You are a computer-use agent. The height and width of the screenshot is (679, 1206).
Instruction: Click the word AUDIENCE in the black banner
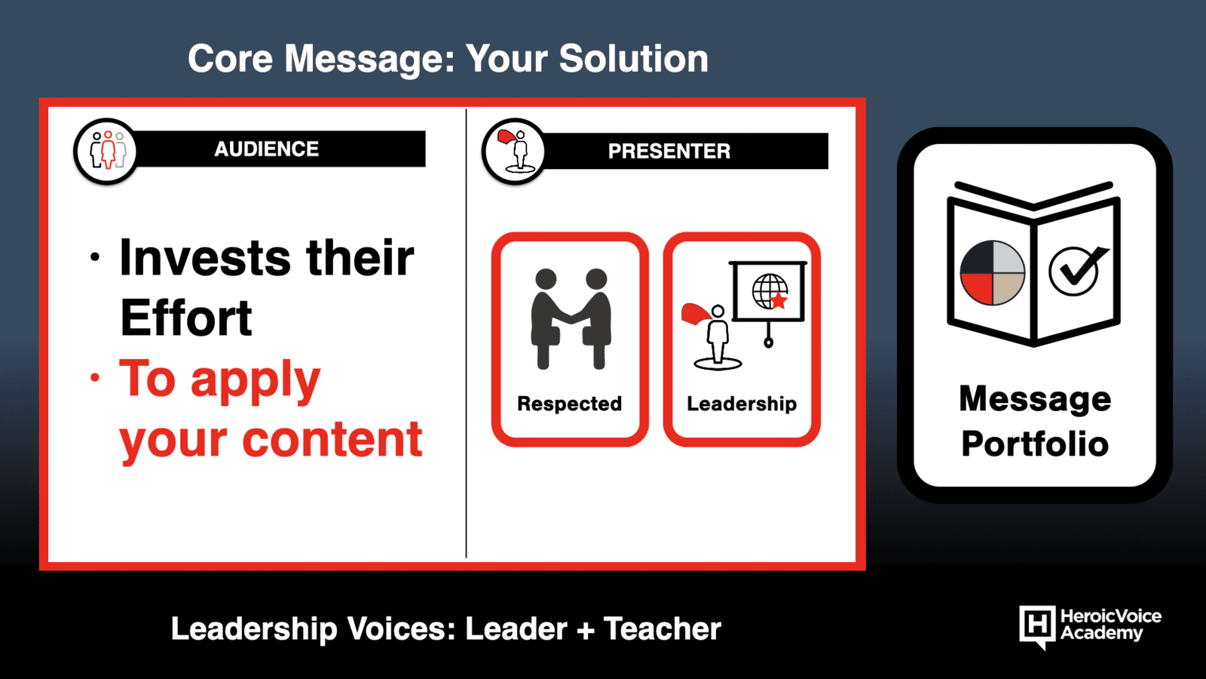point(267,149)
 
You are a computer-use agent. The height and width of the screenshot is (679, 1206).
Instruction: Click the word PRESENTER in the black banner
point(669,152)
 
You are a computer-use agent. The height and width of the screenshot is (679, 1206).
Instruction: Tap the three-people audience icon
point(108,150)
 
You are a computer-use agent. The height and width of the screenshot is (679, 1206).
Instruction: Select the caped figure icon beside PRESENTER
point(516,151)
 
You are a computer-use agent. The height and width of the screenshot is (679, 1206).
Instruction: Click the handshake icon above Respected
point(571,318)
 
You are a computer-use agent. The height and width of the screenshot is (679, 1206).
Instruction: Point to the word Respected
point(570,404)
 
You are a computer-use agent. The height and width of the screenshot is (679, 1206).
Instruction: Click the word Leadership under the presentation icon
point(742,404)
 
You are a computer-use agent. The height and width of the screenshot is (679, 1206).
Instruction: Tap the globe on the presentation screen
point(770,291)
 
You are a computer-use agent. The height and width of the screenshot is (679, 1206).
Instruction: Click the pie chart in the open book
point(992,273)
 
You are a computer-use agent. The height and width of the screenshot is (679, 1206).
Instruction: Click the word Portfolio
point(1035,444)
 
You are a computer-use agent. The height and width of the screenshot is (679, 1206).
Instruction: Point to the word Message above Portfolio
point(1035,399)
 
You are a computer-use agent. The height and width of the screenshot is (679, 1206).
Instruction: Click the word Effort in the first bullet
point(185,318)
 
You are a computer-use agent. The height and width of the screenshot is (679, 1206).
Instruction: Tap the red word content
point(332,439)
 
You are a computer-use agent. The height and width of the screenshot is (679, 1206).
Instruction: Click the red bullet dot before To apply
point(95,377)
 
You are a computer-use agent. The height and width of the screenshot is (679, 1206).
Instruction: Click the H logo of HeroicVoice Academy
point(1037,626)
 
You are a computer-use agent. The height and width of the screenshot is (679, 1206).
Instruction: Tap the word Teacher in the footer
point(663,629)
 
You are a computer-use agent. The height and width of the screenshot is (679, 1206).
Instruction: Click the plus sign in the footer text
point(585,629)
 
